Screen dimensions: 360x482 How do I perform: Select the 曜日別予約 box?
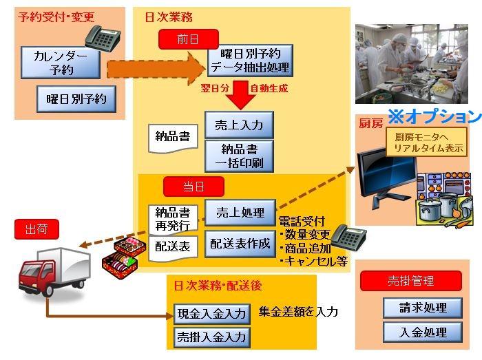(76, 100)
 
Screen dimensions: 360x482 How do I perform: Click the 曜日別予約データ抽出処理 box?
(250, 61)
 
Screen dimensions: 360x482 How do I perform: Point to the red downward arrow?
(240, 95)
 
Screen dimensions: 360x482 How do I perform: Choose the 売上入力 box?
(239, 125)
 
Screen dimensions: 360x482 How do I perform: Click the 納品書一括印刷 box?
(239, 156)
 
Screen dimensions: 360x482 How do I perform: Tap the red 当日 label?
(193, 187)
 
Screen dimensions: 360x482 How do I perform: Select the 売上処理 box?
(240, 213)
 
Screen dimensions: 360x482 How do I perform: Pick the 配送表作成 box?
(240, 244)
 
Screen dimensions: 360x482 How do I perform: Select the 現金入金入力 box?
(211, 313)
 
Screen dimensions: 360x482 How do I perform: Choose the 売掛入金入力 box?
(211, 337)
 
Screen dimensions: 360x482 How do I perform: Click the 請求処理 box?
(423, 308)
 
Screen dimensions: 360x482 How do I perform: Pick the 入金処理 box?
(423, 332)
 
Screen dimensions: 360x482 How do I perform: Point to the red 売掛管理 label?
(411, 281)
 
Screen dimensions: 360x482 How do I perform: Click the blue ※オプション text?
(434, 115)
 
